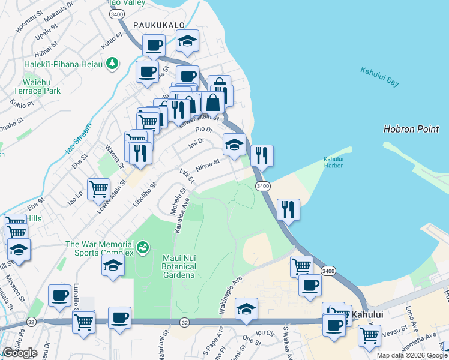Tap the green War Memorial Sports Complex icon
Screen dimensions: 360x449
(x=142, y=246)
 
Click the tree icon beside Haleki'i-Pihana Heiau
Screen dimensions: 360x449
(x=112, y=63)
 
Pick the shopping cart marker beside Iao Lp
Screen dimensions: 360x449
(x=98, y=189)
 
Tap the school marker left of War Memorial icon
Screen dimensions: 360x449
(x=113, y=266)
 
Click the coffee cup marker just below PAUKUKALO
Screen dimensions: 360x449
(x=154, y=45)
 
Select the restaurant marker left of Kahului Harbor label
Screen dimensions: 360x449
(x=262, y=155)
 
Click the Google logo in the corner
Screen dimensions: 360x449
(x=19, y=353)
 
